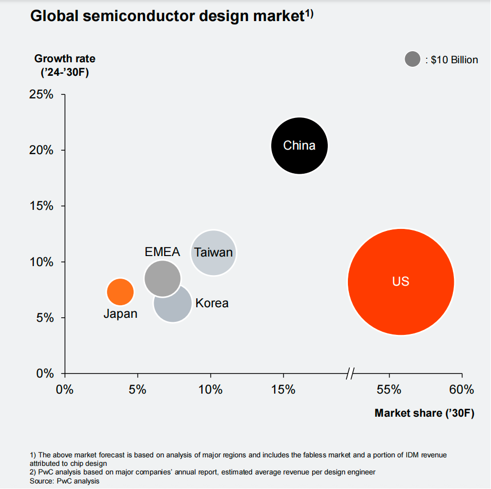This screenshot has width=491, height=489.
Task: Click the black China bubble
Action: (x=299, y=146)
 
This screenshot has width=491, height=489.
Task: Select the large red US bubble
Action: (x=401, y=282)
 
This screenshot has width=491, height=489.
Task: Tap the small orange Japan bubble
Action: (x=120, y=291)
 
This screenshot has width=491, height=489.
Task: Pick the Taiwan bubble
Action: (x=213, y=253)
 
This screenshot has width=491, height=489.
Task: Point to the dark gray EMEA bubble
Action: (x=162, y=278)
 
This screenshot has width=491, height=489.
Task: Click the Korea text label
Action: (x=212, y=303)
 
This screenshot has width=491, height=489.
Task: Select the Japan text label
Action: (x=120, y=314)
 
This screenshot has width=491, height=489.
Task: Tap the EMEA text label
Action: (x=162, y=252)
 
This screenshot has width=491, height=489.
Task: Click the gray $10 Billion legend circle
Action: (x=412, y=60)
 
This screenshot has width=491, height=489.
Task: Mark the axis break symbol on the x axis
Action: (x=350, y=374)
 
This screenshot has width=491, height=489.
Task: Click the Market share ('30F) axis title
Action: (x=424, y=413)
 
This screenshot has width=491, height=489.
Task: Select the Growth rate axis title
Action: (x=65, y=59)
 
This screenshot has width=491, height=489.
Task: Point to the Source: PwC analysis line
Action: (x=65, y=481)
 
